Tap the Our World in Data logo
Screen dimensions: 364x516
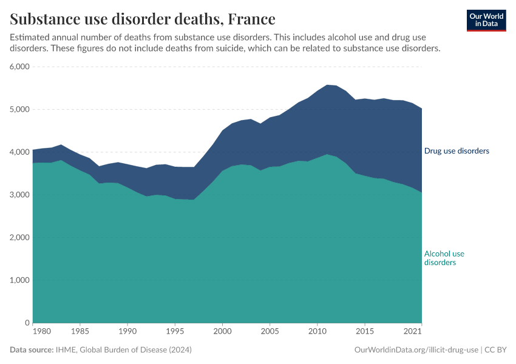[486, 20]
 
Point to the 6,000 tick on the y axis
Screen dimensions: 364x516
[20, 67]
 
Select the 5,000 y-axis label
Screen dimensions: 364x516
[20, 110]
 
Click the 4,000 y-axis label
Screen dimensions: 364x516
[20, 152]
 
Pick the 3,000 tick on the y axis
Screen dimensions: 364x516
[20, 195]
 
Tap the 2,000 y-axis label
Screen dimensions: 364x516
[20, 238]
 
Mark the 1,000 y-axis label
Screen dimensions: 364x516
[20, 280]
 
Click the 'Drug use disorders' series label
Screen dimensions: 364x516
[456, 151]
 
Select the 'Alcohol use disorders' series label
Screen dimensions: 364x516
[444, 258]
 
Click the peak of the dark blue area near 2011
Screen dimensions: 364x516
[327, 86]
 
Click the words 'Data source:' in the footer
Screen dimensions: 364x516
[32, 350]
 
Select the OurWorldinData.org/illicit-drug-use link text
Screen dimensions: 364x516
[416, 350]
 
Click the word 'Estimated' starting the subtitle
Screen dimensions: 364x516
[30, 37]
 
